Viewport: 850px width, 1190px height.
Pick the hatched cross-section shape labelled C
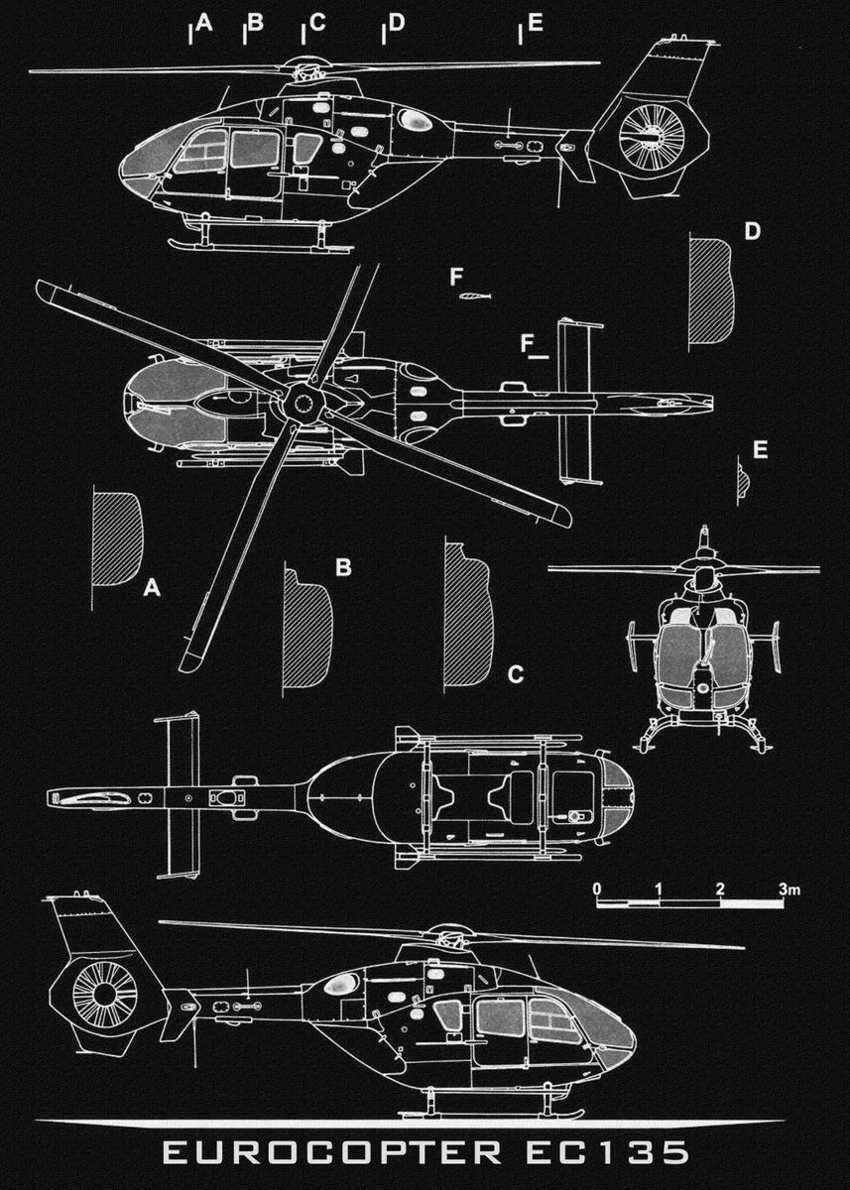click(x=467, y=615)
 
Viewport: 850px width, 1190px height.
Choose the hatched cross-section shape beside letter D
click(x=712, y=291)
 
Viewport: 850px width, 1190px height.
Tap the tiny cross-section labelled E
click(x=742, y=480)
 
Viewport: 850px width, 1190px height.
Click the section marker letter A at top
click(x=204, y=22)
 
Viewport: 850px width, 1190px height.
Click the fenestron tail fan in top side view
click(x=652, y=134)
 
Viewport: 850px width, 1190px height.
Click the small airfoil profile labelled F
click(x=474, y=297)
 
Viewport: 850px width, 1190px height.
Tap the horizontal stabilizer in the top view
click(x=578, y=402)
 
